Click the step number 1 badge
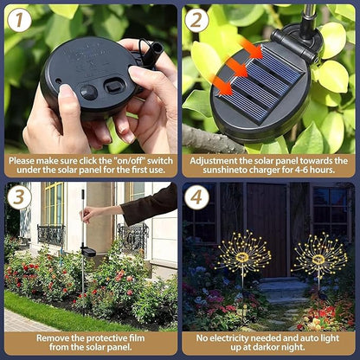19,20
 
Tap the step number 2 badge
196,20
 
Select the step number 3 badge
19,197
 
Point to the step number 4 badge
196,197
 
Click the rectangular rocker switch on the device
114,86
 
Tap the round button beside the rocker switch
89,93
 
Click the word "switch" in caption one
160,161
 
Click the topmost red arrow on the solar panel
251,48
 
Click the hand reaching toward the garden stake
89,213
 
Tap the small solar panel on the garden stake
88,252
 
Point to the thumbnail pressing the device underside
66,91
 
